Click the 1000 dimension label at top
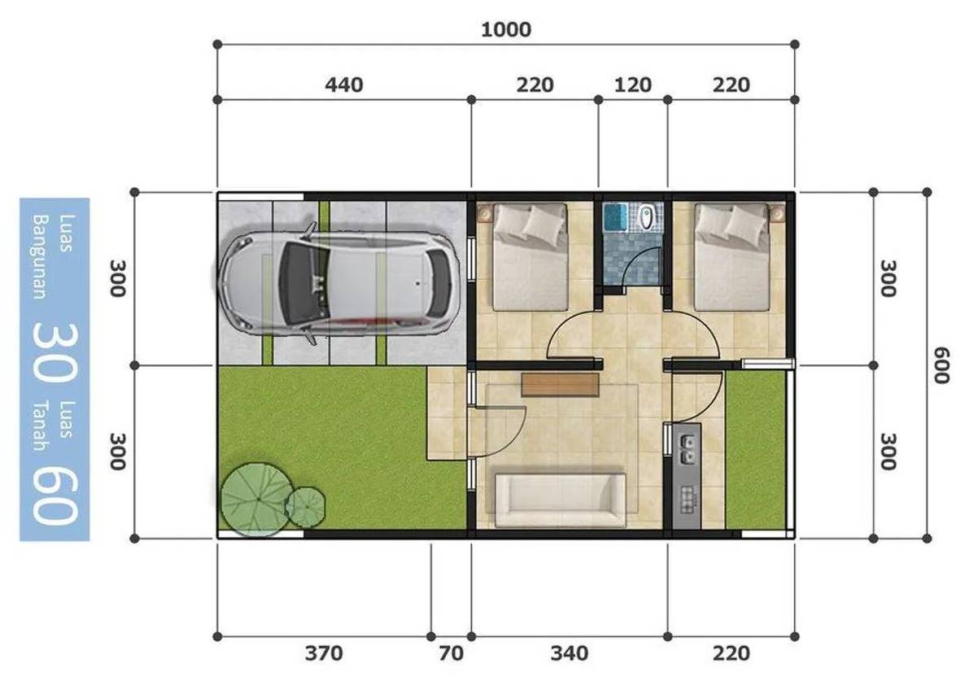click(505, 30)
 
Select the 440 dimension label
click(343, 85)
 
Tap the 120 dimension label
click(632, 85)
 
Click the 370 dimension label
click(324, 652)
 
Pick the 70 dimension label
click(451, 652)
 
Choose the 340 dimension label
click(569, 652)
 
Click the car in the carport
click(338, 281)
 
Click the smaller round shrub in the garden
click(306, 506)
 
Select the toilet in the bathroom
click(647, 217)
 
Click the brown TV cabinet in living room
click(561, 384)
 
